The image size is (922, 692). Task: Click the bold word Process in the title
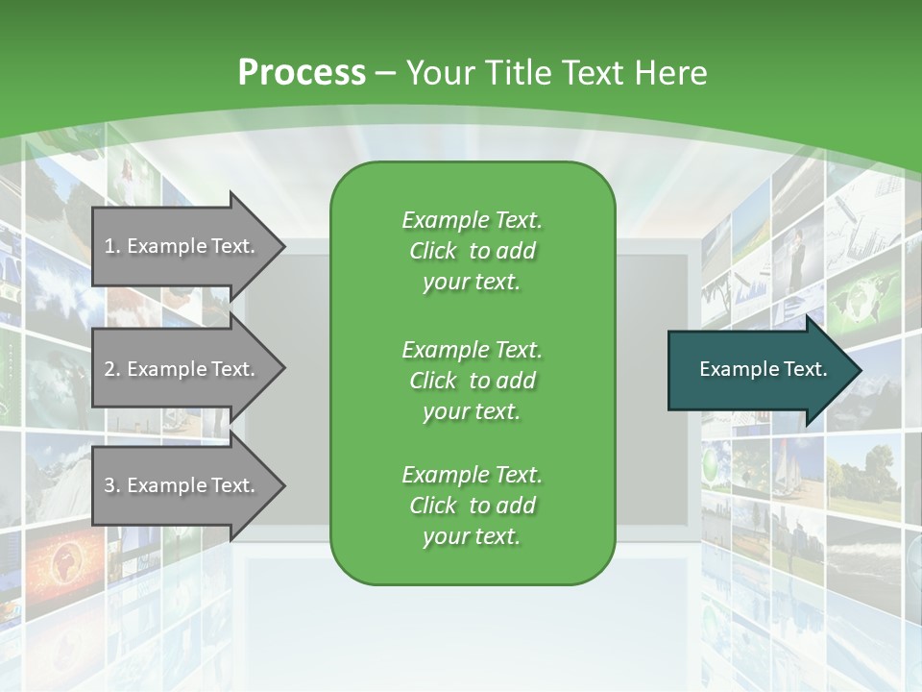click(302, 73)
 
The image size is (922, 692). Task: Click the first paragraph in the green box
click(472, 251)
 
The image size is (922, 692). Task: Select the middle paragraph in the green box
click(472, 381)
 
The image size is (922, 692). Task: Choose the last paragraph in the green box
click(472, 506)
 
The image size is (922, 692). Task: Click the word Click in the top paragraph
click(432, 251)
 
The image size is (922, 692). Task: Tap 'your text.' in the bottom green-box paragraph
click(472, 536)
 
